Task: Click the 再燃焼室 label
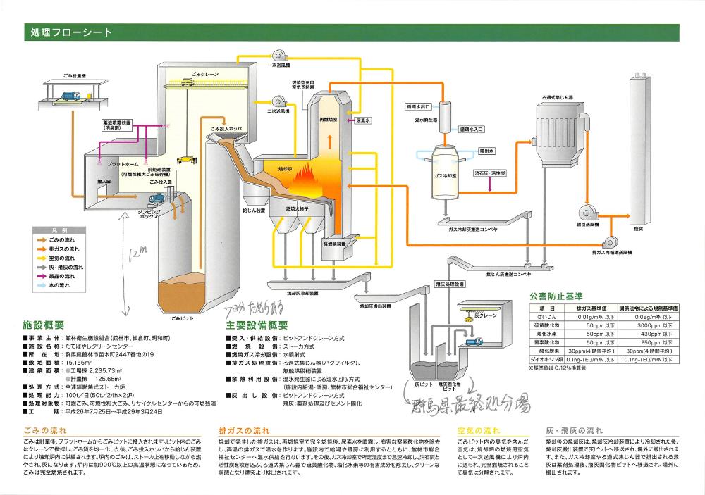click(329, 120)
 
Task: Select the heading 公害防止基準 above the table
click(558, 296)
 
